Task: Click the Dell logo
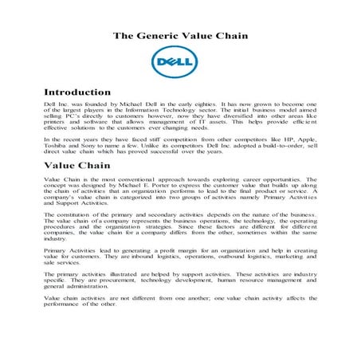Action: [180, 62]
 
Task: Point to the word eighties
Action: [207, 104]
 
